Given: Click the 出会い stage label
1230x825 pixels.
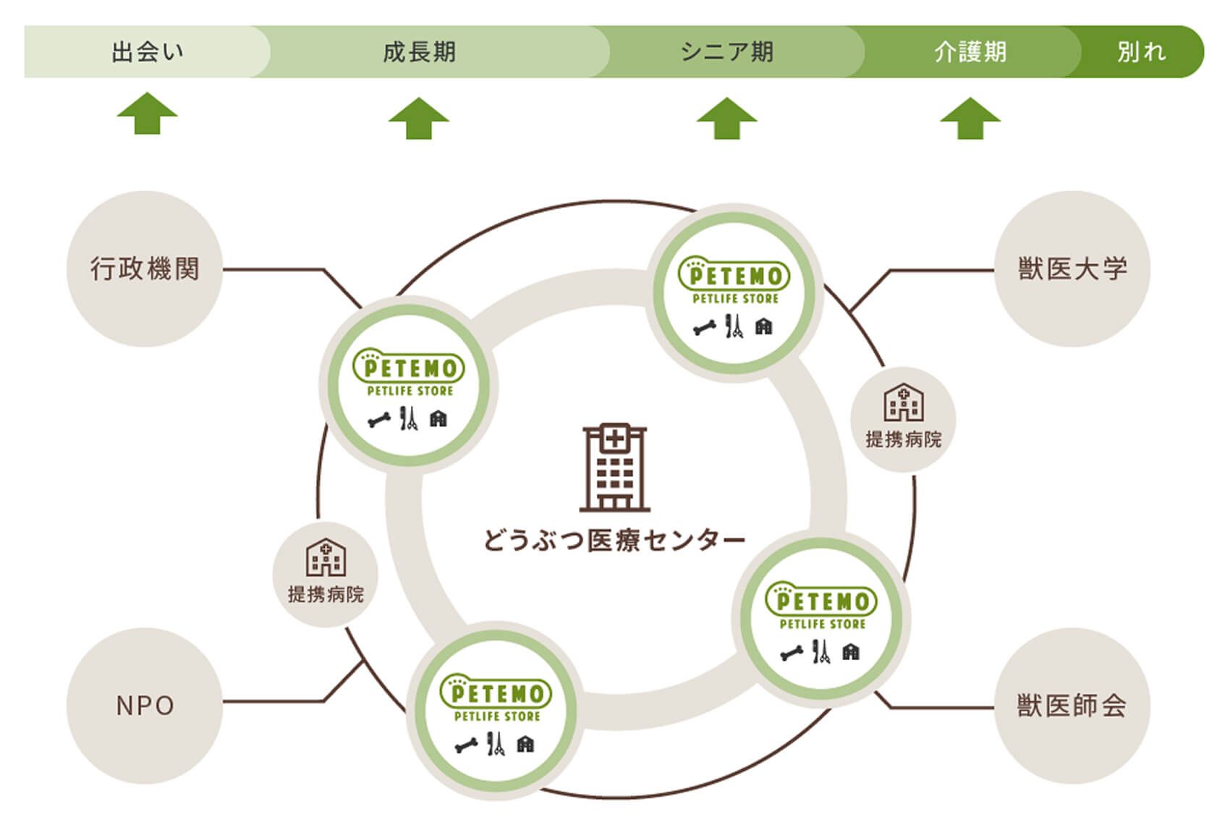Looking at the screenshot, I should click(x=147, y=52).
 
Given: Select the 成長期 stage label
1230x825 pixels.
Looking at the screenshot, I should click(x=419, y=52).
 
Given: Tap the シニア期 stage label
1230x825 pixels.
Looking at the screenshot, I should click(x=726, y=52).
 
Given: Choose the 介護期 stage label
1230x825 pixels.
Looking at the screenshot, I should click(x=970, y=52).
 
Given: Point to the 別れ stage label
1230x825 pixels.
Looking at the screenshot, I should click(x=1141, y=52).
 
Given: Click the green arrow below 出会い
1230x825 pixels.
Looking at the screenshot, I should click(x=147, y=114).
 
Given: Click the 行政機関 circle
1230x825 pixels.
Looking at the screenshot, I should click(x=145, y=269).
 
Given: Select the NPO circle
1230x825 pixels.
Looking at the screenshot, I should click(x=145, y=706).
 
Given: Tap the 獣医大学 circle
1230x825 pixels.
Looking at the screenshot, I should click(x=1072, y=269).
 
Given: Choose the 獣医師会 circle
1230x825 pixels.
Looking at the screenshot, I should click(x=1072, y=706).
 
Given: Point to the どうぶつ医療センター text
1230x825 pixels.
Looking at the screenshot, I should click(x=614, y=541).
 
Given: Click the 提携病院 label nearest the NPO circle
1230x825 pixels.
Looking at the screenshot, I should click(x=326, y=595).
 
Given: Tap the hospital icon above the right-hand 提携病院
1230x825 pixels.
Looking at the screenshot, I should click(x=903, y=402).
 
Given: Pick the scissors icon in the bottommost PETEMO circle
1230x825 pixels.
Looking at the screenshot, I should click(x=496, y=743).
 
